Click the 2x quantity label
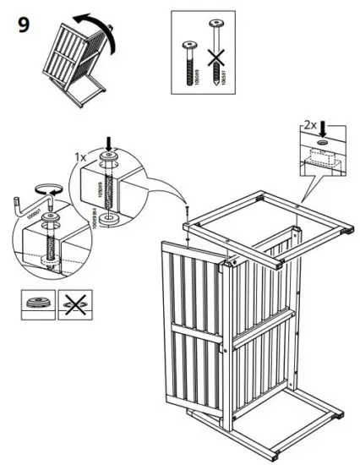point(311,125)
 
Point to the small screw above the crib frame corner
point(185,211)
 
